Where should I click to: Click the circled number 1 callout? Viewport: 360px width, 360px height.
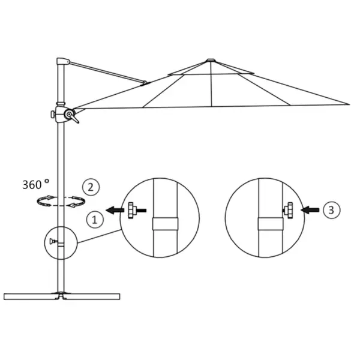(x=94, y=220)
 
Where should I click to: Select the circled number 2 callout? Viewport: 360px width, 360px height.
(x=91, y=187)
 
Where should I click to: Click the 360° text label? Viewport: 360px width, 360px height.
(x=37, y=184)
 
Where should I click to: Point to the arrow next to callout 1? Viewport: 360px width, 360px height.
(x=114, y=210)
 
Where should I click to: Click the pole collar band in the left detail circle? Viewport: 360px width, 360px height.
(x=165, y=224)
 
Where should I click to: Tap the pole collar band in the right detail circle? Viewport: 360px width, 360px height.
(x=270, y=224)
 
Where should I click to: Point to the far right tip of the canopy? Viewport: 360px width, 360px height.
(x=347, y=104)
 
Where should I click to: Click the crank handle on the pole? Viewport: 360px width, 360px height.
(x=71, y=115)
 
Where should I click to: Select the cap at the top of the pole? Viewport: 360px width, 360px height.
(x=62, y=62)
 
